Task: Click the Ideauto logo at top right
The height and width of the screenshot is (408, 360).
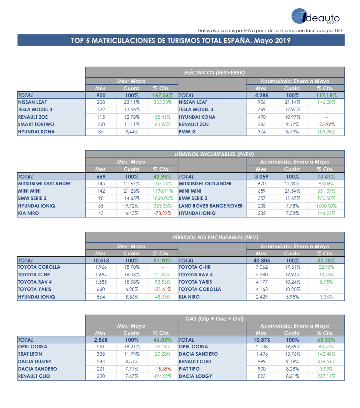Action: coord(315,17)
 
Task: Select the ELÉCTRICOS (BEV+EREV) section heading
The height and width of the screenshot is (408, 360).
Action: coord(214,73)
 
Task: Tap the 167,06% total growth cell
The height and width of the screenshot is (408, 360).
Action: coord(163,95)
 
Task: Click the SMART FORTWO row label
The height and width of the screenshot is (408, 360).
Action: coord(36,124)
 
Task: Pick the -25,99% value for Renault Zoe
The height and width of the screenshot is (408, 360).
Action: coord(326,124)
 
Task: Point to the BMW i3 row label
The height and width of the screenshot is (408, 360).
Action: coord(187,132)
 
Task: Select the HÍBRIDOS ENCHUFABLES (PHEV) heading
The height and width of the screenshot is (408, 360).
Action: coord(214,154)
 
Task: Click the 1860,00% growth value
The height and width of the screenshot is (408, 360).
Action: coord(163,198)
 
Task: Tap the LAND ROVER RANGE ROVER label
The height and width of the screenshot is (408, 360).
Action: coord(211,206)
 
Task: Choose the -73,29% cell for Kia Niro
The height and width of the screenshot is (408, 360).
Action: coord(163,213)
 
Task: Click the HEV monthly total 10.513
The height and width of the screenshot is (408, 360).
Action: coord(101,261)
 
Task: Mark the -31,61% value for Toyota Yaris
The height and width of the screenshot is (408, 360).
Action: coord(163,289)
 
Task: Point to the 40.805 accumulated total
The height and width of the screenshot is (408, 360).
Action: coord(262,261)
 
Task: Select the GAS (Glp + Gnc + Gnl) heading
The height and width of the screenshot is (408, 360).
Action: coord(214,319)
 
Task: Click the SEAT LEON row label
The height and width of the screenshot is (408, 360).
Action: coord(30,354)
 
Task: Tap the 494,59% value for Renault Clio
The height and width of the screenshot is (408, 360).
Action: coord(163,376)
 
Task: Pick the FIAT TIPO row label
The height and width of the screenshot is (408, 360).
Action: coord(189,369)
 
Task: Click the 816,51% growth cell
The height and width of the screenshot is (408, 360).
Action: coord(326,362)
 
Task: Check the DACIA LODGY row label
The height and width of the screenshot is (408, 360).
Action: coord(195,376)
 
